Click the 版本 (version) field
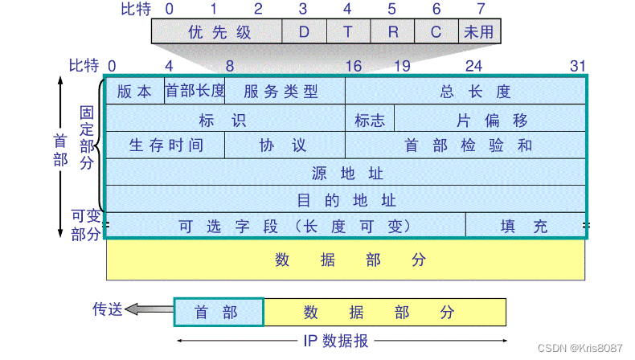(134, 92)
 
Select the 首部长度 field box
(195, 92)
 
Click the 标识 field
(225, 120)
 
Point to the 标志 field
(370, 120)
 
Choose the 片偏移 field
(490, 120)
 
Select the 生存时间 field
(166, 145)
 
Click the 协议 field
(285, 145)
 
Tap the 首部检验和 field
(465, 145)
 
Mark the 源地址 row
(346, 173)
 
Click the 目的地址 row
(346, 199)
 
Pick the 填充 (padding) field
(526, 226)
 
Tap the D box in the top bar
(304, 32)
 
